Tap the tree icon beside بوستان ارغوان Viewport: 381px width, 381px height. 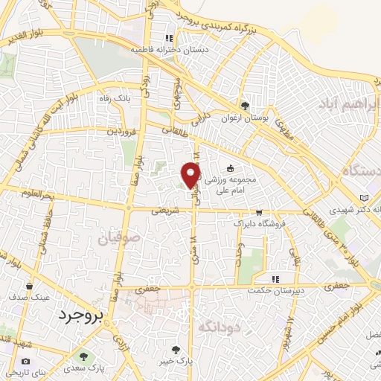coord(246,105)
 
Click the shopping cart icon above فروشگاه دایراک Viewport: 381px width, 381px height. coord(258,211)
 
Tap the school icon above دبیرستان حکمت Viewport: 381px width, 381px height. coord(275,279)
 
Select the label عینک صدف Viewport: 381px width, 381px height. coord(31,297)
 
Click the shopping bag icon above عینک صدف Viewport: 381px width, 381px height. coord(30,285)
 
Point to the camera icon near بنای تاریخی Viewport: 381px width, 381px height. coord(26,362)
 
